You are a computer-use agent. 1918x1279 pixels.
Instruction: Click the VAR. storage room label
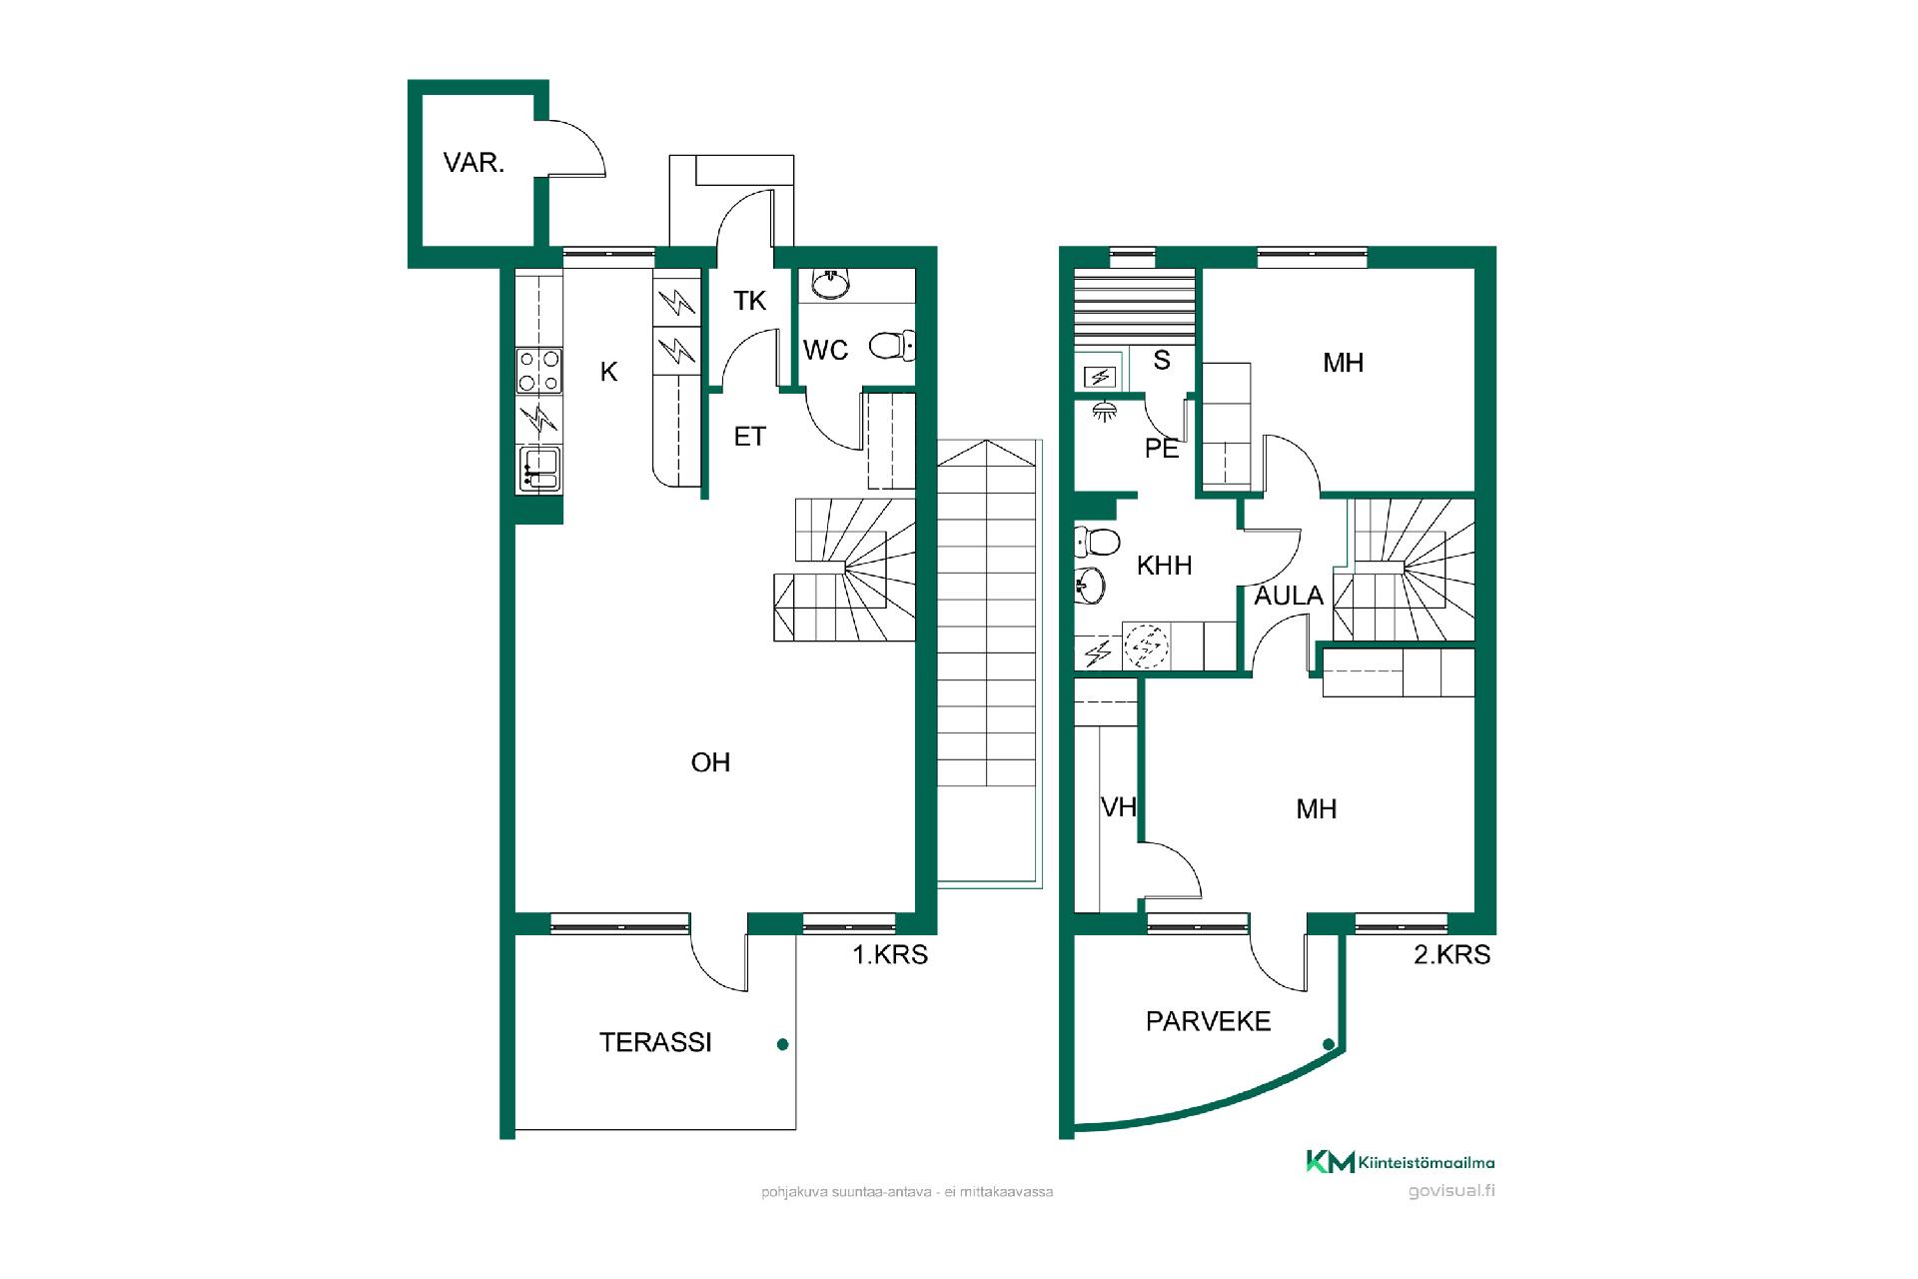tap(474, 162)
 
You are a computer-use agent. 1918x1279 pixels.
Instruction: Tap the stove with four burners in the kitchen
tap(538, 371)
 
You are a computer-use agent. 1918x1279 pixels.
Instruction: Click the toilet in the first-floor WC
tap(890, 346)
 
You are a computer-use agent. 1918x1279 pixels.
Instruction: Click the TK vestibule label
tap(749, 301)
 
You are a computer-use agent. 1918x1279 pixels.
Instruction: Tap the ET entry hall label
tap(749, 437)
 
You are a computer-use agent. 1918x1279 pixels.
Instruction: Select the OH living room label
tap(710, 762)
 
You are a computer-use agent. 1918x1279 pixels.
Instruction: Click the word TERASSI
tap(655, 1042)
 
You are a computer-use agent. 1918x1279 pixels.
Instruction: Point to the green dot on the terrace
tap(783, 1044)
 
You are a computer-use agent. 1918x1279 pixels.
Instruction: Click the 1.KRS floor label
tap(889, 955)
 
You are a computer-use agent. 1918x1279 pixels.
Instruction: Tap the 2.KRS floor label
tap(1451, 955)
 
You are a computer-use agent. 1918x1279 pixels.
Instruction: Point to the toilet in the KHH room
tap(1096, 543)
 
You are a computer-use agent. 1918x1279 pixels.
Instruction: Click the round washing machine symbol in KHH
tap(1145, 645)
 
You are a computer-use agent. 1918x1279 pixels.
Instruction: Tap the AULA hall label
tap(1289, 596)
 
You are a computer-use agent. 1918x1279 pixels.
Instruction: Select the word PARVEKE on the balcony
tap(1208, 1021)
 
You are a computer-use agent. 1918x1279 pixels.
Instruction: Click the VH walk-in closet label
tap(1119, 806)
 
